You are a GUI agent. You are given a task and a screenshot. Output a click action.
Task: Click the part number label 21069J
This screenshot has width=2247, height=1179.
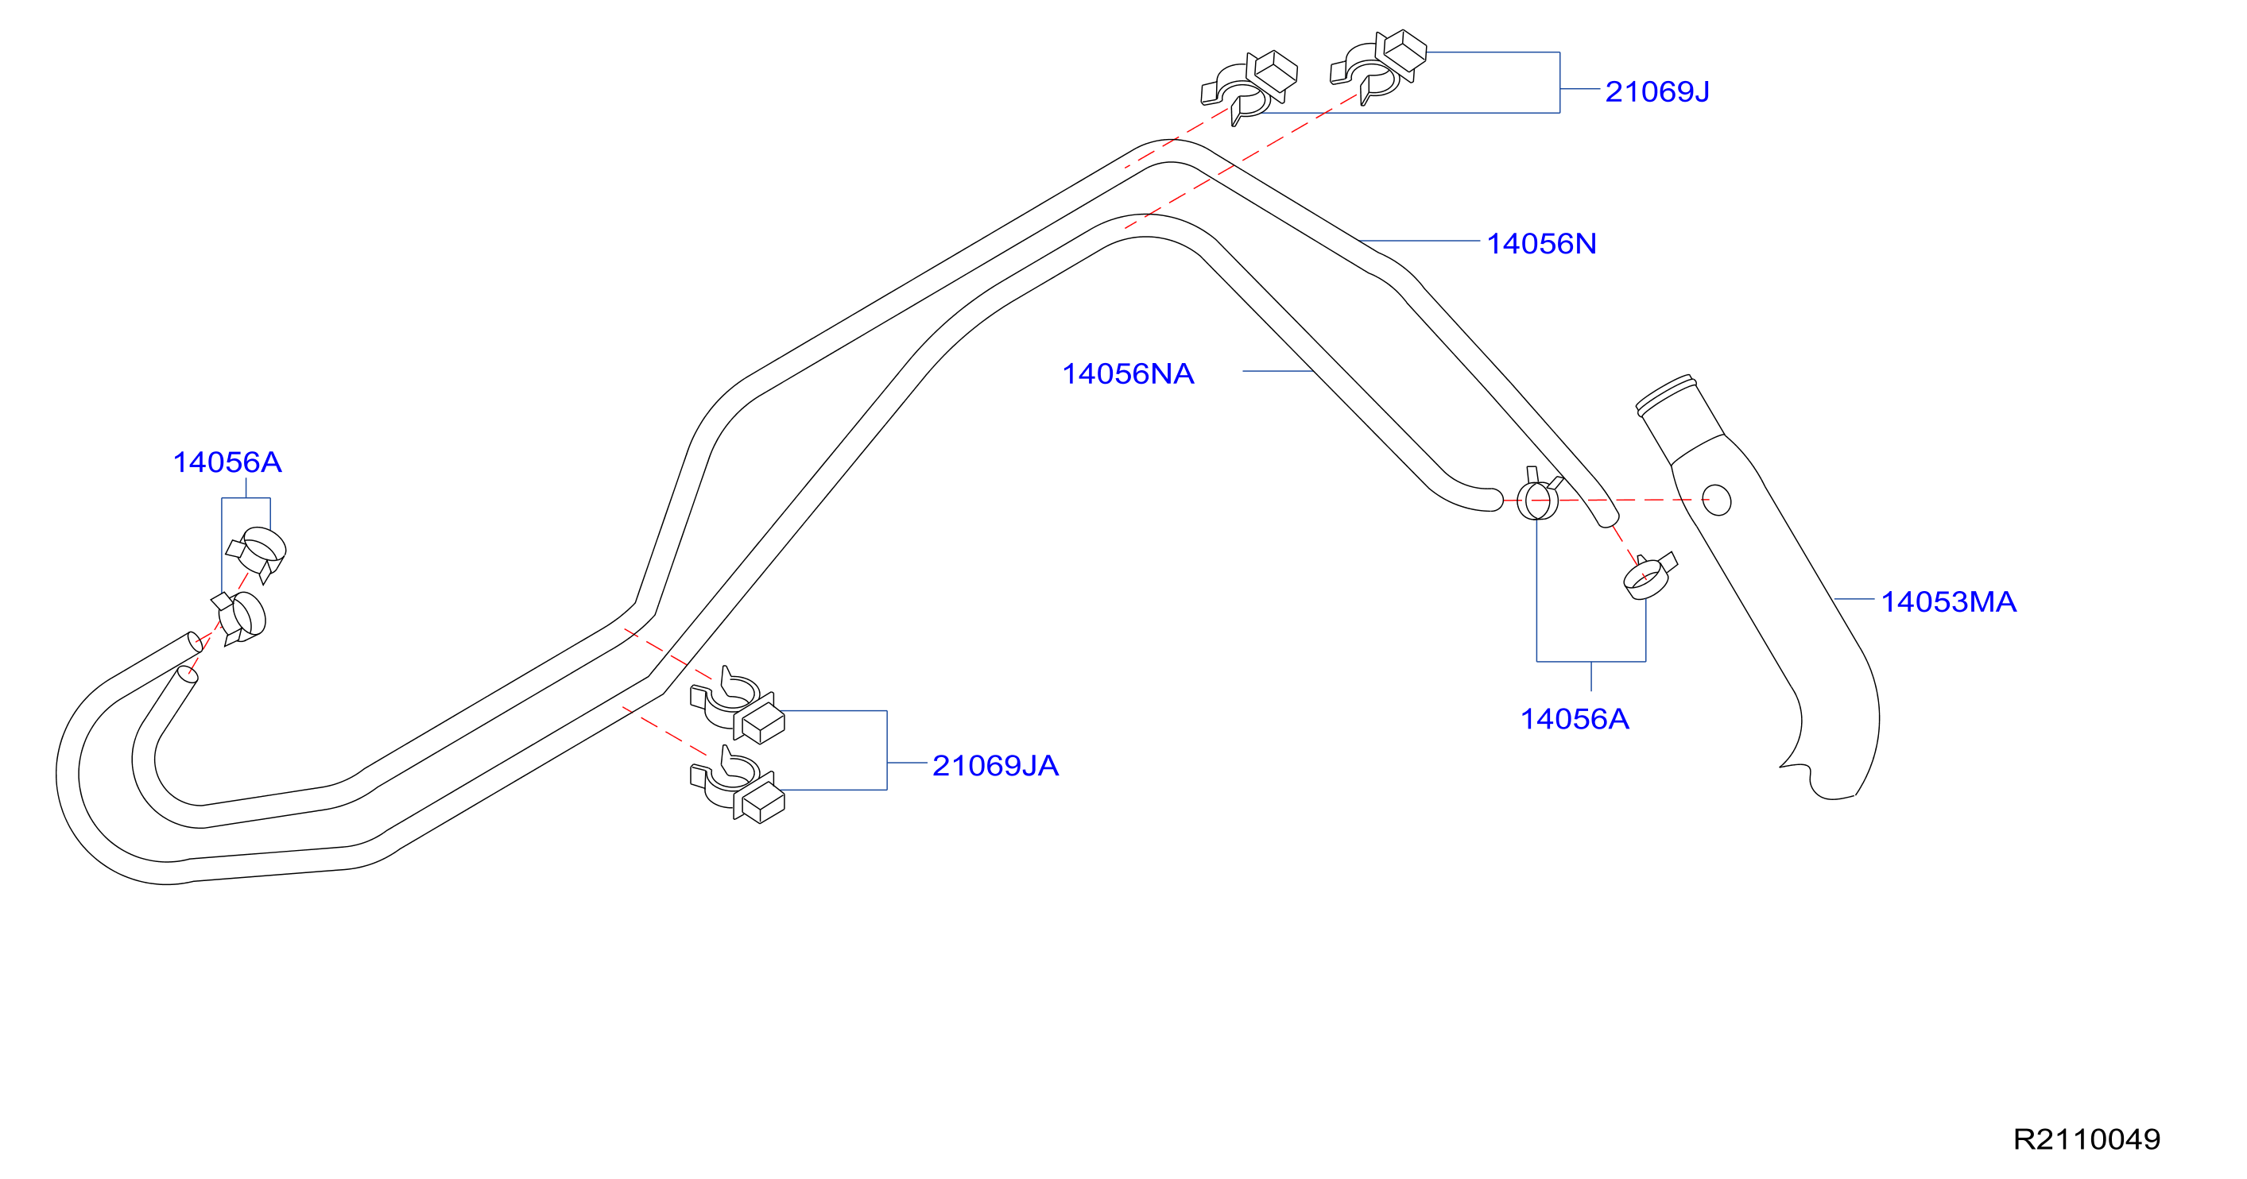(1656, 91)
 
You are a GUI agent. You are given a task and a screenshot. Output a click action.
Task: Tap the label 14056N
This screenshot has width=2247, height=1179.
(1541, 244)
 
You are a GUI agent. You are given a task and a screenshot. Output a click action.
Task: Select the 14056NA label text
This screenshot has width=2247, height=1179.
(1128, 374)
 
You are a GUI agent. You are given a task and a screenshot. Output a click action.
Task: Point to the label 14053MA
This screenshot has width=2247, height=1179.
(1949, 601)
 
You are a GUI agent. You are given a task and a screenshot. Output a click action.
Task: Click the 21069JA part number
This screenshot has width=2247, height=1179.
(995, 766)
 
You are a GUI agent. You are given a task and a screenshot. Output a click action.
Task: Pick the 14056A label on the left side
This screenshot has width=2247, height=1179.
(227, 462)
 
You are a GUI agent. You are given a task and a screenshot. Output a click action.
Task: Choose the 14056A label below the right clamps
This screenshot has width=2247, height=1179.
(1575, 720)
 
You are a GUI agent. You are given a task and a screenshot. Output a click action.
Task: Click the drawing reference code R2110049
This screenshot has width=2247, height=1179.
(2086, 1139)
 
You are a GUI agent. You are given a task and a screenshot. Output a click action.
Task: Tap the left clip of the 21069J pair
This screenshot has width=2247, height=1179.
(1249, 87)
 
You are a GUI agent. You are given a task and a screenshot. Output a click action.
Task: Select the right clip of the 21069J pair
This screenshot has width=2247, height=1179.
(1378, 68)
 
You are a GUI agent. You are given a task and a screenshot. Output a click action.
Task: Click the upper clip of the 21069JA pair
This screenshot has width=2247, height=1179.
(737, 705)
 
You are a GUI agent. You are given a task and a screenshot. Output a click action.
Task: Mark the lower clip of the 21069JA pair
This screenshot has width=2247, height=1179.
(737, 784)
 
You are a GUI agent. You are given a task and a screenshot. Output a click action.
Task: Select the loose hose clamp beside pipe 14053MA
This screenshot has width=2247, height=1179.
(1649, 575)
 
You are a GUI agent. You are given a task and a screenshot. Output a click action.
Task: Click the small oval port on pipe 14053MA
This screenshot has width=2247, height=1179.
(1717, 501)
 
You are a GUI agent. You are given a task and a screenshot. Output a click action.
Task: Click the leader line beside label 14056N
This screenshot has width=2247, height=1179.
(1420, 241)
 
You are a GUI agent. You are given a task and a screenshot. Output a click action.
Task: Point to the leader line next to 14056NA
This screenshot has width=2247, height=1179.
(1279, 372)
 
